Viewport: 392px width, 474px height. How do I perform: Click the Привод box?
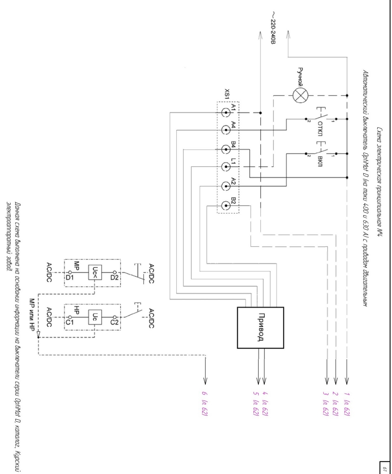coord(260,327)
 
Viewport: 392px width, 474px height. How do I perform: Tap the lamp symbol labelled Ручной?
coord(300,96)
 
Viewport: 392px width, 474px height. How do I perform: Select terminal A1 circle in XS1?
coord(226,113)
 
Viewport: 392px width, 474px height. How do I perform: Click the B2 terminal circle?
coord(226,205)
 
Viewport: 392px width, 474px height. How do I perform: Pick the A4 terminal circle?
coord(226,130)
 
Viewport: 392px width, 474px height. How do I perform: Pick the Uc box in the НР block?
coord(95,317)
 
